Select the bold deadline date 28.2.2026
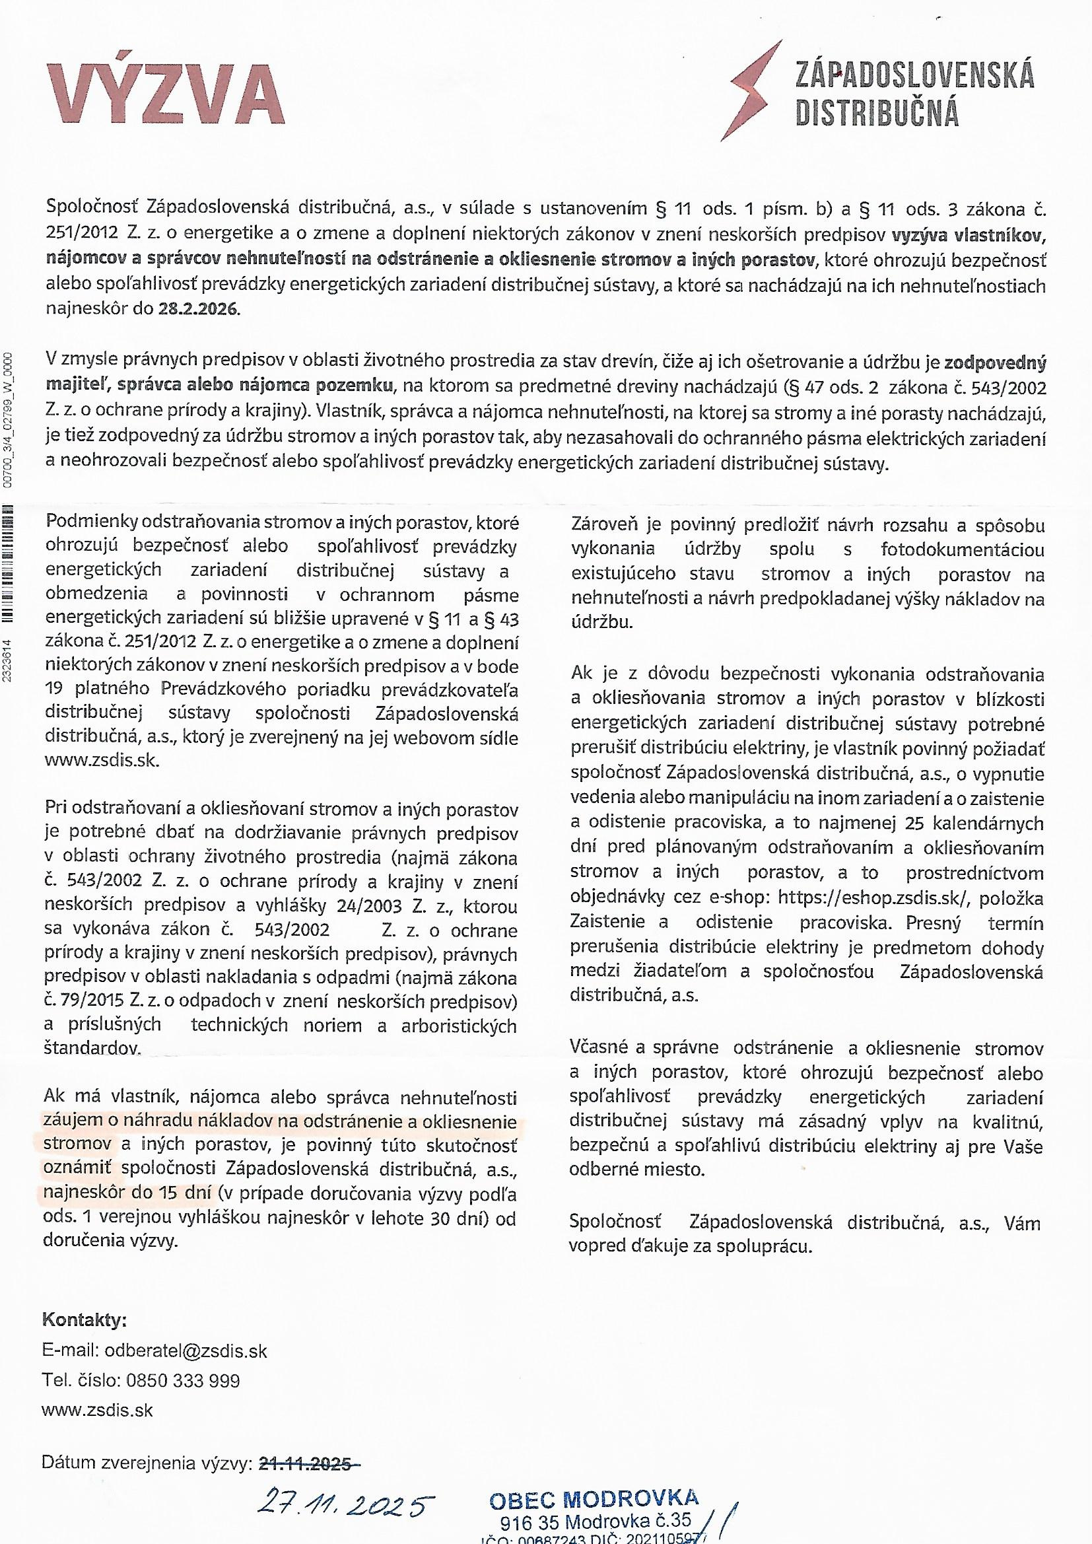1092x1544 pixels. pos(198,310)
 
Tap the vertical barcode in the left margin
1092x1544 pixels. pos(8,569)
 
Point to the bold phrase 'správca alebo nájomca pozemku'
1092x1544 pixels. pos(254,388)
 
